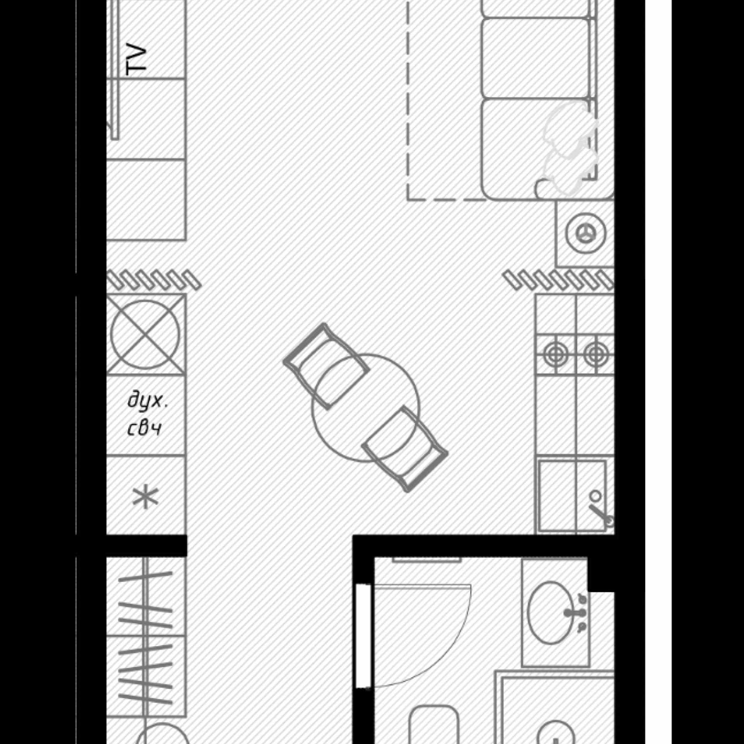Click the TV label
point(136,60)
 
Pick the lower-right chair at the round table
point(405,449)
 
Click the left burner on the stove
point(556,354)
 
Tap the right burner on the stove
point(596,354)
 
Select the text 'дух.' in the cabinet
point(147,401)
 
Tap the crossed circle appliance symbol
point(145,334)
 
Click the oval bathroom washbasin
point(551,612)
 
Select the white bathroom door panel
point(363,636)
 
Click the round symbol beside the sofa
point(586,233)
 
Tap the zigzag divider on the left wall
point(154,280)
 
